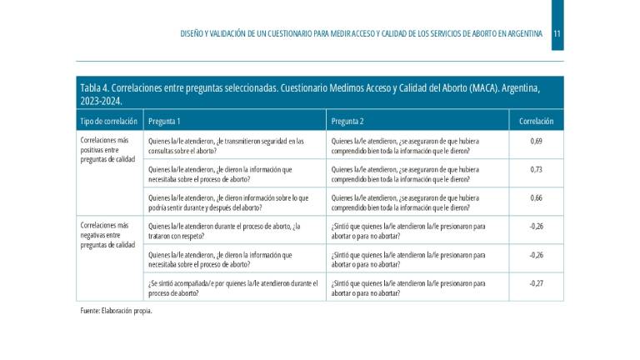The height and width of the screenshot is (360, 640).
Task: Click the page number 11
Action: coord(557,34)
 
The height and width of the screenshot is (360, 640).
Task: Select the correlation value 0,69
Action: coord(536,142)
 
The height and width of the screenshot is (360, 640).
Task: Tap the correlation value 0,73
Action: coord(536,169)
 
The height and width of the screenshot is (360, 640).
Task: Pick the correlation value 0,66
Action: coord(536,197)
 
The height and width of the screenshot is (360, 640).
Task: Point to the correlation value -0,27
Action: coord(536,283)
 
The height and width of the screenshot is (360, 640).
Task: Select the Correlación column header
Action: coord(536,122)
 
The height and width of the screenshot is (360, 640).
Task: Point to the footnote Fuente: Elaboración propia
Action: coord(116,311)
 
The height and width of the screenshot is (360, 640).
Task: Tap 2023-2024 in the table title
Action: coord(101,102)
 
